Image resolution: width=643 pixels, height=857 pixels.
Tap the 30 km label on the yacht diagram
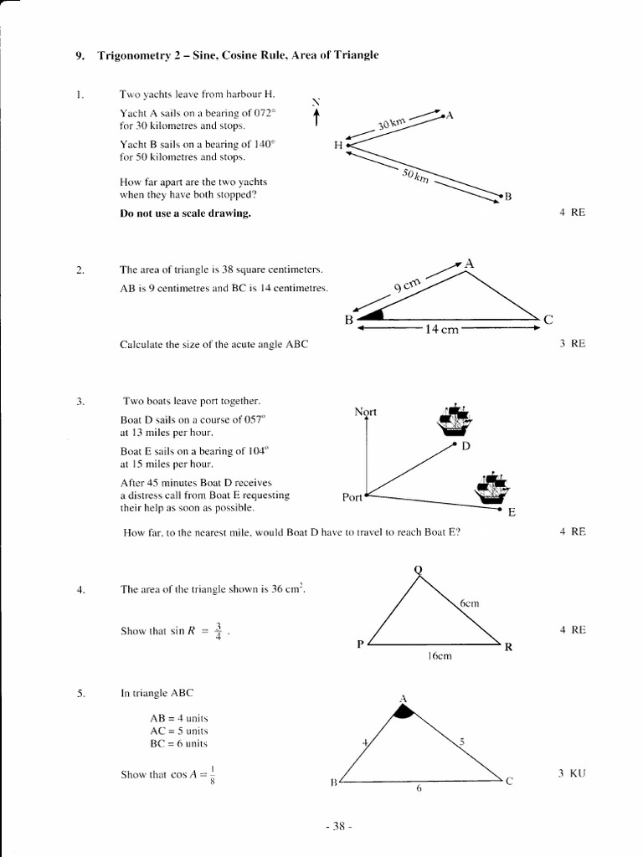(x=391, y=124)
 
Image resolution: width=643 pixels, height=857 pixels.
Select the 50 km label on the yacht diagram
(x=415, y=177)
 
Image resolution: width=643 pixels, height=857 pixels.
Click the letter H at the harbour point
(x=338, y=145)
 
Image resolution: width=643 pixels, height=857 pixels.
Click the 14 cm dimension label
(x=441, y=330)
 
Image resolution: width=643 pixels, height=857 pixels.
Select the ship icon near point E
(x=491, y=489)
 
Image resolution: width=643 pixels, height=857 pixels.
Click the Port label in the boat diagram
(x=352, y=497)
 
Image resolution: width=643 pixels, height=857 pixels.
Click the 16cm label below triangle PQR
(x=439, y=656)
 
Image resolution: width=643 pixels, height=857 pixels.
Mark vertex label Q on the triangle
(x=418, y=570)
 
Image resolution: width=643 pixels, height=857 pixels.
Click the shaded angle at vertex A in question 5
(x=404, y=712)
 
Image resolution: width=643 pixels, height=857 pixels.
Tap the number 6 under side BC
(x=418, y=789)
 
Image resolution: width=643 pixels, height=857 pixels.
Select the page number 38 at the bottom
(x=338, y=827)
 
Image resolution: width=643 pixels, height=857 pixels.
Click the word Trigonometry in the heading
(x=139, y=55)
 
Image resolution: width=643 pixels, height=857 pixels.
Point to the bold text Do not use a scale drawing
(x=185, y=213)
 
